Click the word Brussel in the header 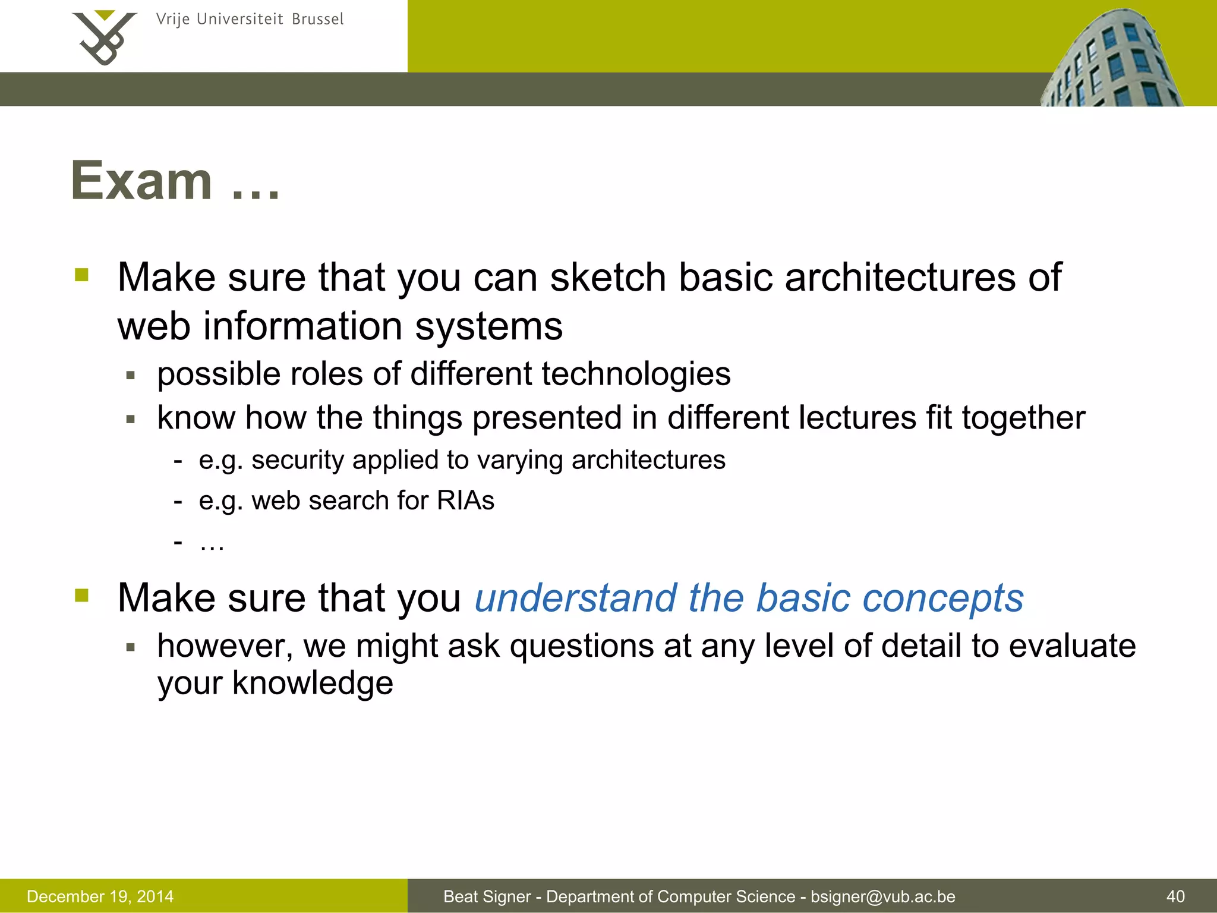point(317,20)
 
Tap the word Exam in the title point(141,181)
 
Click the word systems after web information point(488,327)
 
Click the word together point(1023,418)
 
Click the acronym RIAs point(465,500)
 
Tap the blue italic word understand point(575,598)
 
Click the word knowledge point(312,684)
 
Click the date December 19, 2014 point(100,896)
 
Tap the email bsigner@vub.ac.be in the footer point(882,896)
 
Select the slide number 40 point(1175,896)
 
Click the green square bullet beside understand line point(81,595)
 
